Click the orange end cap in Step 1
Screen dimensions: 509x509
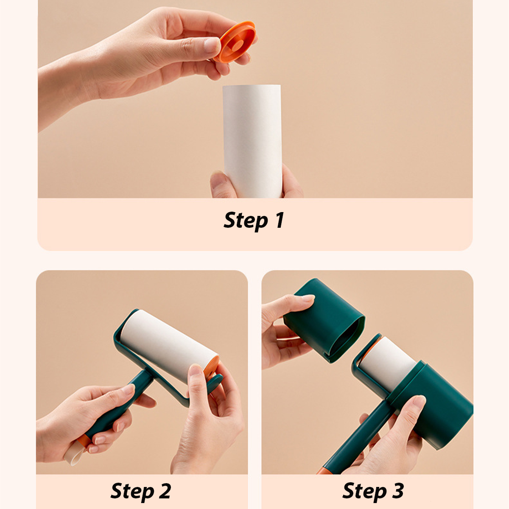(235, 42)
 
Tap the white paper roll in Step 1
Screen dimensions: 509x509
(252, 141)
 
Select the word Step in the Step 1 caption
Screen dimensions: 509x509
(246, 221)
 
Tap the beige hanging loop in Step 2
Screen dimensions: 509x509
(74, 454)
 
